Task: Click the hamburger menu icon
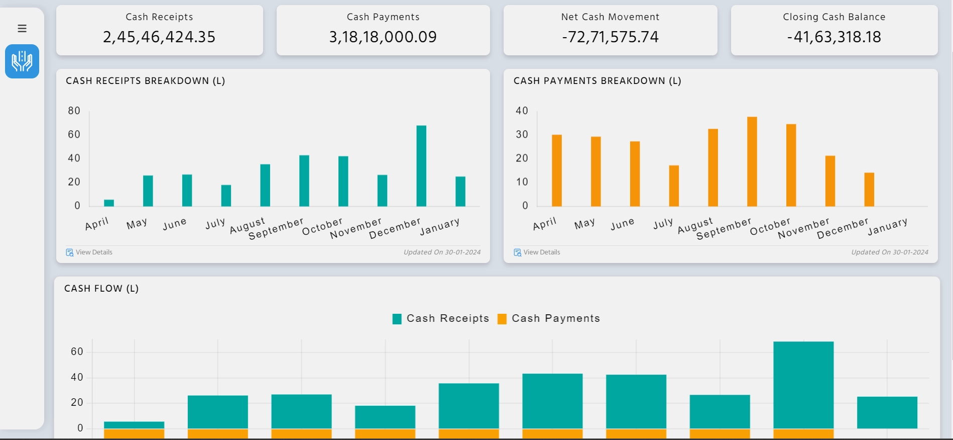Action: tap(22, 29)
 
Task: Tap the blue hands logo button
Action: tap(22, 61)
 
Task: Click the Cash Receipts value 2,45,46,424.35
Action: tap(159, 37)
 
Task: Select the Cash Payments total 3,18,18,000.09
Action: tap(383, 37)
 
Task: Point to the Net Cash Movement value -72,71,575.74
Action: tap(610, 37)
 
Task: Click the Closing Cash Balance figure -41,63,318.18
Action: tap(834, 37)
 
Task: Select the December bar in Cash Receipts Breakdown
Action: tap(421, 166)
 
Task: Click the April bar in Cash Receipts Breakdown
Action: tap(109, 203)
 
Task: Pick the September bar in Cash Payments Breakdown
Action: tap(752, 161)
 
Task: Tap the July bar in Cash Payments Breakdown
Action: tap(674, 186)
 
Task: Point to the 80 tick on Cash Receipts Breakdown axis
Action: tap(74, 111)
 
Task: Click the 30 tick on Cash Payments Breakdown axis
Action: tap(522, 134)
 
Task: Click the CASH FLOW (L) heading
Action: tap(101, 288)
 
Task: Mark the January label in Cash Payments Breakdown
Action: tap(887, 226)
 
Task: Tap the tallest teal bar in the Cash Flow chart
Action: tap(803, 385)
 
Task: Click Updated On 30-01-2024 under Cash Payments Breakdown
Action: tap(889, 252)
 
